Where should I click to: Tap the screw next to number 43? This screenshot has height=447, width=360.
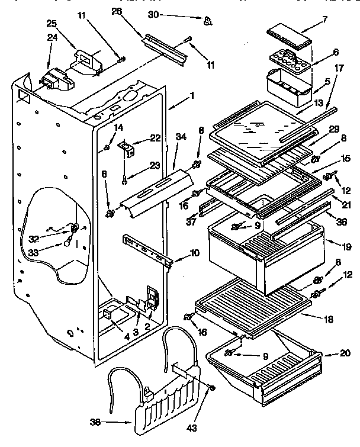pos(211,388)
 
